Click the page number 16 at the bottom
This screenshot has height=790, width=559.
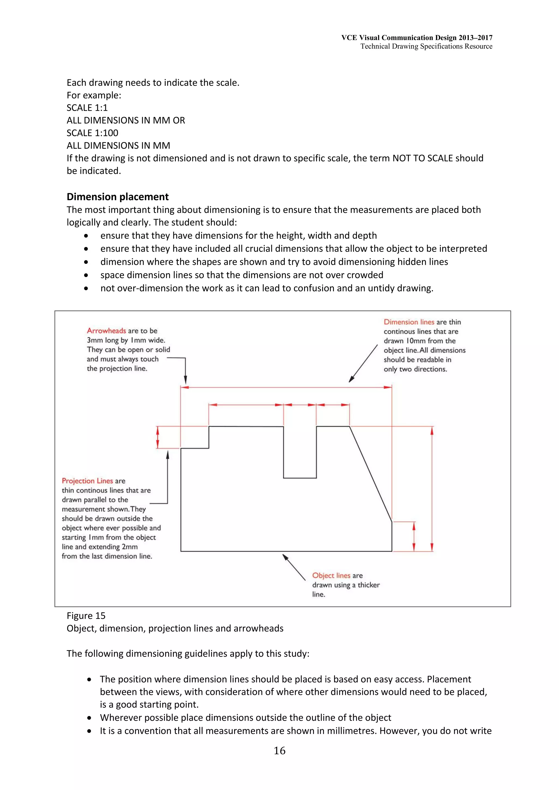(x=279, y=750)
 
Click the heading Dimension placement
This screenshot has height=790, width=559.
(x=117, y=197)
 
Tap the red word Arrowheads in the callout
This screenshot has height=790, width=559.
(x=106, y=331)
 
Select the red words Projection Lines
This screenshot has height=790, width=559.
(x=88, y=481)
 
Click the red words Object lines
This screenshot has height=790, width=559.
(x=331, y=575)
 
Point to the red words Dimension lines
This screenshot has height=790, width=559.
(x=409, y=322)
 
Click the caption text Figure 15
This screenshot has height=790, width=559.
(x=86, y=616)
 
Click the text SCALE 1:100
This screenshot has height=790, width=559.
(x=92, y=133)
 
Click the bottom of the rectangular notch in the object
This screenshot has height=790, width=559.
(x=300, y=478)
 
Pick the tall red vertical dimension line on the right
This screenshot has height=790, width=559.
(x=432, y=489)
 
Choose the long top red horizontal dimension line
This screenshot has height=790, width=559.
(x=286, y=387)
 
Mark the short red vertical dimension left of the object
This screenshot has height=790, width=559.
(x=158, y=437)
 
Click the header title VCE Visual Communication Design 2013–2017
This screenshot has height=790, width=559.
(x=417, y=38)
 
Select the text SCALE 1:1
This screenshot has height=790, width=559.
(x=87, y=108)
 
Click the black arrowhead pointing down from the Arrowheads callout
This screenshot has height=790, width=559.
(x=185, y=379)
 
